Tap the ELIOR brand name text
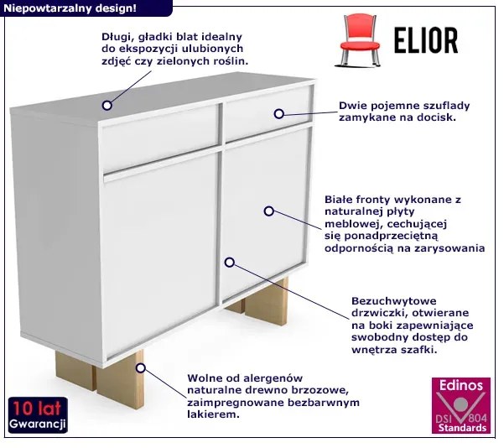tap(426, 40)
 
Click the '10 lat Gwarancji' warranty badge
tap(38, 415)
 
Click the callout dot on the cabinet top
tap(107, 105)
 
